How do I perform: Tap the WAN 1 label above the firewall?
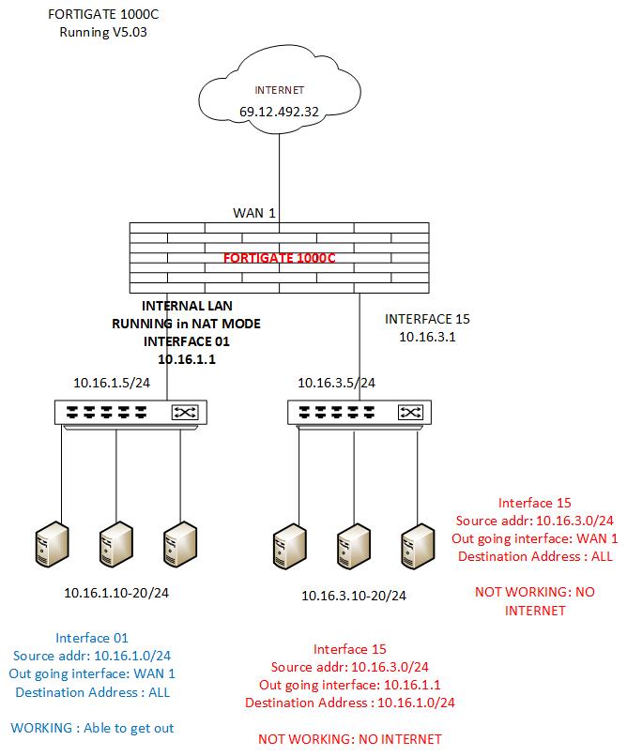click(x=254, y=214)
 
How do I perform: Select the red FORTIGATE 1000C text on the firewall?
click(x=279, y=256)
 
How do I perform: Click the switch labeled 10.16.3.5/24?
click(x=355, y=412)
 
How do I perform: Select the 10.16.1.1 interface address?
click(x=188, y=358)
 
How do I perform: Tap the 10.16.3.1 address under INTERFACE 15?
click(x=428, y=337)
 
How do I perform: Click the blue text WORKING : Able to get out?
click(x=93, y=727)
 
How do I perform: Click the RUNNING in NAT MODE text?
click(x=188, y=324)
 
